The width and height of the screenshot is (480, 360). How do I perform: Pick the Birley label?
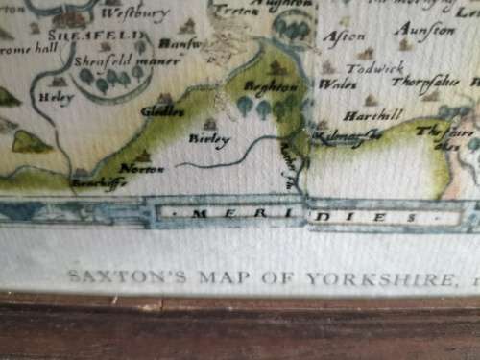pos(212,139)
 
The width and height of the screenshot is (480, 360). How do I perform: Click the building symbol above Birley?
pos(209,124)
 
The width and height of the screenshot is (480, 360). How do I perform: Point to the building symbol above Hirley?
pos(60,83)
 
